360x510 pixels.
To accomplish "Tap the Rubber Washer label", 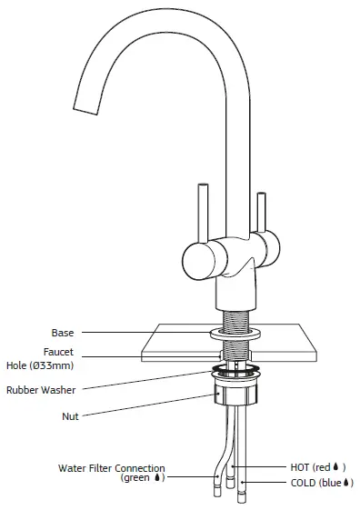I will click(41, 389).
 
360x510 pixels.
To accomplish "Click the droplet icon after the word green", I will click(160, 477).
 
